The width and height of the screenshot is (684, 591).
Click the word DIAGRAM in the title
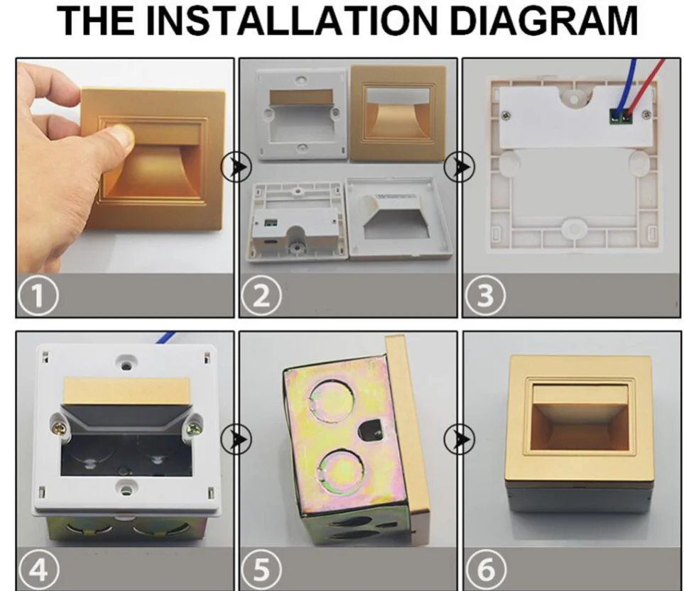coord(543,21)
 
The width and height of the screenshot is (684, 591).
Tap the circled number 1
coord(38,296)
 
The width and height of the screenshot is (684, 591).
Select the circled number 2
coord(261,296)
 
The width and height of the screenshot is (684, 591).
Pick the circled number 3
coord(486,296)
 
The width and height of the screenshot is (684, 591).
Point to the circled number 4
coord(38,569)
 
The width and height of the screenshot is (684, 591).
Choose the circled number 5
coord(261,569)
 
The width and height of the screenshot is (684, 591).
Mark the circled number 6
coord(486,569)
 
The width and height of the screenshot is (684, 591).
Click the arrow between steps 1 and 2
coord(237,167)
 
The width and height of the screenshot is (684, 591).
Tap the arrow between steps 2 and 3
coord(460,167)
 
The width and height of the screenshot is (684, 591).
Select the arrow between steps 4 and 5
coord(237,439)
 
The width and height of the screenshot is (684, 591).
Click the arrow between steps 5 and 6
coord(460,439)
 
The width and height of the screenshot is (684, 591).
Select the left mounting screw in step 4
coord(61,423)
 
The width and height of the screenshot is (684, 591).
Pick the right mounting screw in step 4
coord(193,424)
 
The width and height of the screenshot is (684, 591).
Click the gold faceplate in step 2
coord(398,114)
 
